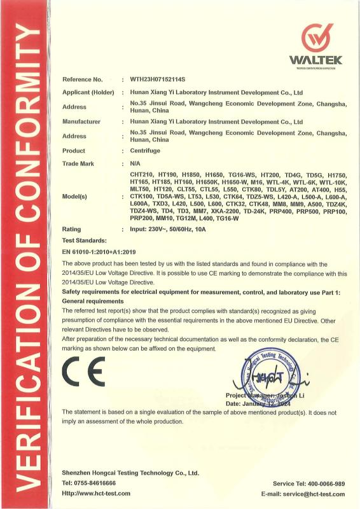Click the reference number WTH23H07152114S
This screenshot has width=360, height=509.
click(x=156, y=80)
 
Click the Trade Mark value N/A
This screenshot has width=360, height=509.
click(x=135, y=164)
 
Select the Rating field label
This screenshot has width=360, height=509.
click(x=71, y=228)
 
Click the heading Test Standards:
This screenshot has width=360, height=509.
click(x=84, y=240)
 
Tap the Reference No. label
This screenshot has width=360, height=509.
click(x=82, y=80)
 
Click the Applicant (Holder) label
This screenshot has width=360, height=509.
click(x=88, y=92)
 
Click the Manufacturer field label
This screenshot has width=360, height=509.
click(x=81, y=121)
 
